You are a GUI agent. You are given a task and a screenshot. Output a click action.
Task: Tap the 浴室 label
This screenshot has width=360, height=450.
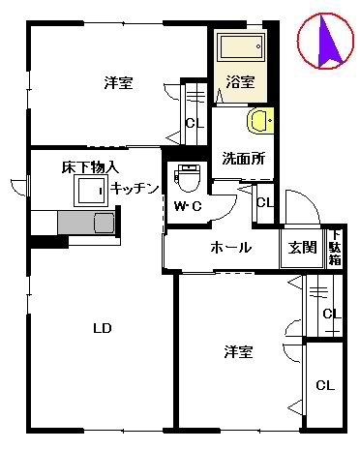click(x=241, y=82)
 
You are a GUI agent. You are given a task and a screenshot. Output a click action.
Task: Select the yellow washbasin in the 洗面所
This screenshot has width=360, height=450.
click(x=260, y=121)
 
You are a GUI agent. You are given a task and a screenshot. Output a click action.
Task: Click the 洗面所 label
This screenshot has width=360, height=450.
click(x=244, y=158)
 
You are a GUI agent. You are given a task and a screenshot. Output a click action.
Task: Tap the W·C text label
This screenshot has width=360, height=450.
click(x=187, y=207)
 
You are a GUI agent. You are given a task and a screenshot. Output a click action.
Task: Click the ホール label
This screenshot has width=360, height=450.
click(x=231, y=248)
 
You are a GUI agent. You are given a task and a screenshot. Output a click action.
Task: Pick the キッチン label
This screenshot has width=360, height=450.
click(x=135, y=189)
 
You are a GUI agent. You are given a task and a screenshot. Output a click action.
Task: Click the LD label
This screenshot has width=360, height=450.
click(x=103, y=328)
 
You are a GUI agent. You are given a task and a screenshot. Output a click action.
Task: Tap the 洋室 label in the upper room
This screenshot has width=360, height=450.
click(x=118, y=83)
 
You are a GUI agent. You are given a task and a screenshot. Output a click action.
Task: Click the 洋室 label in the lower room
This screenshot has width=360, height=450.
click(x=238, y=352)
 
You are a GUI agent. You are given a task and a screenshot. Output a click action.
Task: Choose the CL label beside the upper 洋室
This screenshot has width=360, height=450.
click(x=194, y=123)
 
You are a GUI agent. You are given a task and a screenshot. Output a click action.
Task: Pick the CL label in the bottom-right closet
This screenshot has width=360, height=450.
click(x=326, y=384)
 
